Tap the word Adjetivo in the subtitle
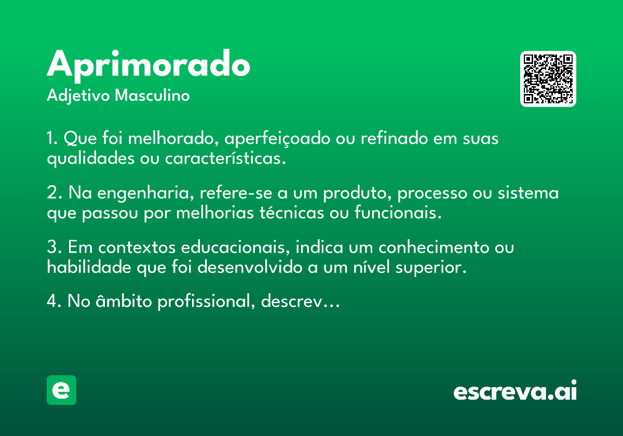click(78, 96)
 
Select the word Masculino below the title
click(152, 95)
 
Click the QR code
click(548, 79)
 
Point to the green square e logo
click(61, 390)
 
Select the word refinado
click(394, 138)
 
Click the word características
click(225, 158)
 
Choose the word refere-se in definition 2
click(236, 192)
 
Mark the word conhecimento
click(434, 247)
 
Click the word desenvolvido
click(250, 267)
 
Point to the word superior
click(431, 268)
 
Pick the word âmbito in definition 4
click(124, 301)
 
